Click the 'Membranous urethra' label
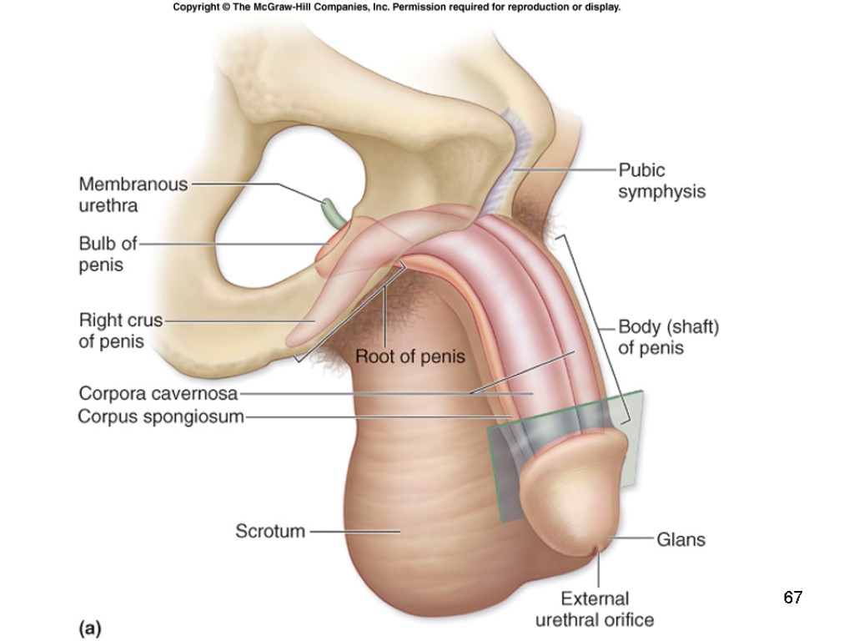click(133, 194)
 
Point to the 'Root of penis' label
click(410, 356)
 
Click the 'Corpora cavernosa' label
click(158, 393)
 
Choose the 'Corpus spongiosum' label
click(161, 416)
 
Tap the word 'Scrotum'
click(270, 530)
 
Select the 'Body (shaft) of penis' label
click(668, 337)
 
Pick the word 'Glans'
click(681, 539)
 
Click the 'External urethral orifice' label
click(595, 609)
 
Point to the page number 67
click(792, 598)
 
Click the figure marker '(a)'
click(90, 628)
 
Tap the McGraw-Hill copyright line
click(397, 8)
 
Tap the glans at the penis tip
click(575, 492)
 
